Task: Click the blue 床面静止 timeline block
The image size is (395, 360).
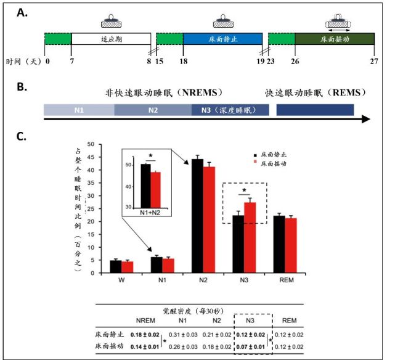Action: pyautogui.click(x=222, y=38)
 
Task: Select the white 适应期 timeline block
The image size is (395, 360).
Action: pyautogui.click(x=111, y=38)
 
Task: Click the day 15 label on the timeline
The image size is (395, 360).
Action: pyautogui.click(x=159, y=62)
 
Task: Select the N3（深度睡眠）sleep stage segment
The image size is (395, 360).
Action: pyautogui.click(x=230, y=110)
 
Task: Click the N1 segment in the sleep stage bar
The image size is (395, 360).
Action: pyautogui.click(x=79, y=110)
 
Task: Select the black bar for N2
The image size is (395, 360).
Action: pyautogui.click(x=197, y=215)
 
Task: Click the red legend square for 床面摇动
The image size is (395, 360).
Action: pyautogui.click(x=256, y=163)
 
